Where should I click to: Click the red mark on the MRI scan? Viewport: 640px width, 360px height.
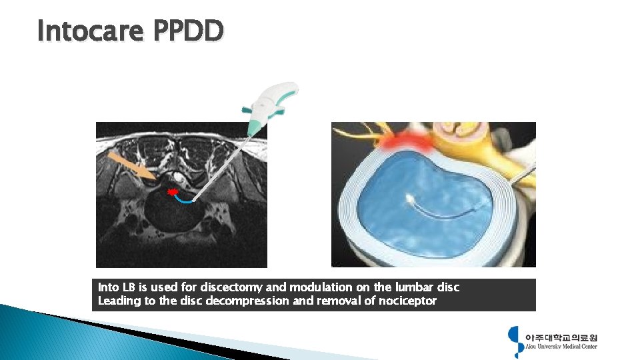173,192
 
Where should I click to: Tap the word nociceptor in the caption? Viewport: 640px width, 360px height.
407,301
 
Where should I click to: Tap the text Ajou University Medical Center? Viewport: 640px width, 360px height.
561,346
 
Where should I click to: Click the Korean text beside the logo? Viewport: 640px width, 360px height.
561,337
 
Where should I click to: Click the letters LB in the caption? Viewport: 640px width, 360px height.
127,287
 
